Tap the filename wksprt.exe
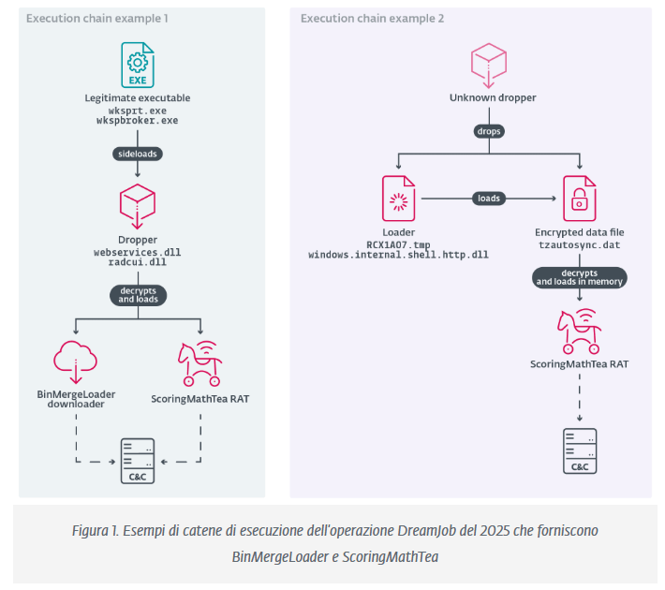pos(138,110)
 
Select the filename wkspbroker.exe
pos(138,121)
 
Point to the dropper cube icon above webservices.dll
pos(138,205)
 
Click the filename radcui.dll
pos(138,264)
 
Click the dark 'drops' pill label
pos(487,131)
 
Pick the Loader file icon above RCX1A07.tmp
pos(399,198)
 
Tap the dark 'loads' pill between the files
pos(489,199)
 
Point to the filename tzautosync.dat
pos(578,243)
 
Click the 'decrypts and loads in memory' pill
pos(578,276)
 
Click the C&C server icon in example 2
pos(578,450)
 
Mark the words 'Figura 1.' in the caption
pos(96,531)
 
